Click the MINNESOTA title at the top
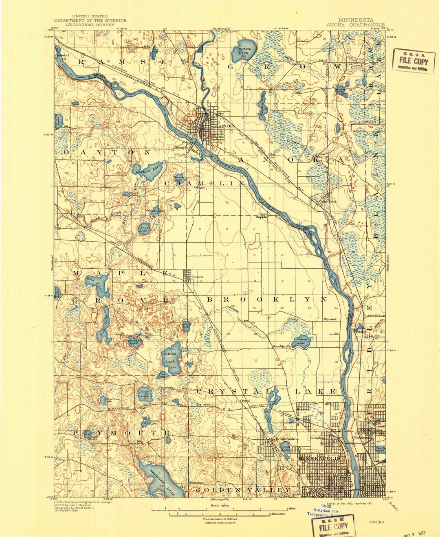click(356, 20)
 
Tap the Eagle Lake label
click(170, 357)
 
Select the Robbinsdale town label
click(286, 439)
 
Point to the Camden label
click(317, 438)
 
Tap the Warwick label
click(330, 319)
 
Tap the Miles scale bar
click(220, 509)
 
